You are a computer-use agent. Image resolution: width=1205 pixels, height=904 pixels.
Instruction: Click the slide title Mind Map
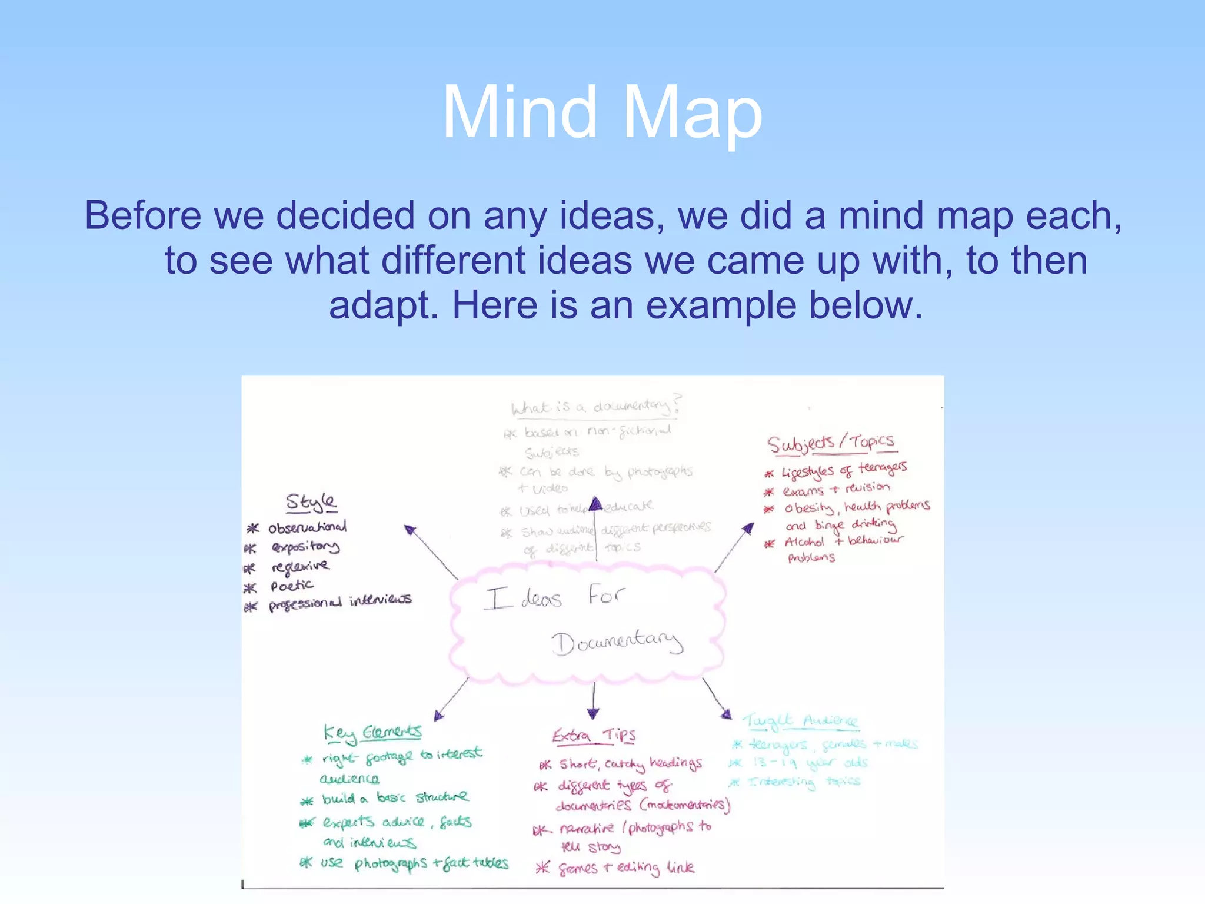tap(602, 112)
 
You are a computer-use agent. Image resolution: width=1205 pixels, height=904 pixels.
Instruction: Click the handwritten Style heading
tap(311, 503)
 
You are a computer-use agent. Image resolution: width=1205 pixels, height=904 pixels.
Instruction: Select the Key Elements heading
tap(372, 733)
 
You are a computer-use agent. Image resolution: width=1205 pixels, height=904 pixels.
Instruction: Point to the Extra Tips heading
tap(594, 736)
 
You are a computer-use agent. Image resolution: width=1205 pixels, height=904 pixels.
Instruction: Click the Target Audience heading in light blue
tap(800, 721)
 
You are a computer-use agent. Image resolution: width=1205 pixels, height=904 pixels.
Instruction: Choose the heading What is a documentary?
tap(595, 407)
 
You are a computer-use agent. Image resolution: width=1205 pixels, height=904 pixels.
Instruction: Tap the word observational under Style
tap(307, 527)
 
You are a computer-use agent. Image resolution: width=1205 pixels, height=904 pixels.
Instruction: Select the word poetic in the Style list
tap(292, 586)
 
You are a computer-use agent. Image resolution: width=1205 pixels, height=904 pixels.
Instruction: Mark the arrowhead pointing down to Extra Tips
tap(593, 714)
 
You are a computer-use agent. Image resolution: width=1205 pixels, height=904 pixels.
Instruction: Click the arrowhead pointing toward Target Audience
tap(727, 714)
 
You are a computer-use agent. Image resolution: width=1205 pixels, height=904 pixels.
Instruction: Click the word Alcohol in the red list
tap(804, 542)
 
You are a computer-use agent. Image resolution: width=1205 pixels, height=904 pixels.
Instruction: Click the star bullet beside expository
tap(250, 549)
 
